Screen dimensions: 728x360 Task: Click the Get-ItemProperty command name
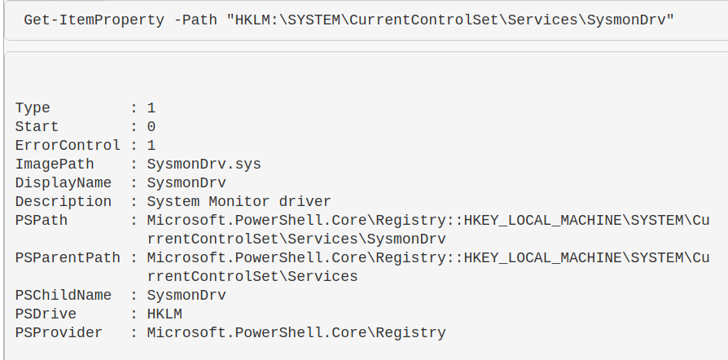(x=94, y=20)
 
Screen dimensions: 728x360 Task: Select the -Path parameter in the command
(x=195, y=20)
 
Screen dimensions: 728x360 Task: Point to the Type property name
(x=33, y=108)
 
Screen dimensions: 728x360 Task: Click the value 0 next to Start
(x=151, y=127)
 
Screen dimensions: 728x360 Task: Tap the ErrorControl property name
(x=68, y=146)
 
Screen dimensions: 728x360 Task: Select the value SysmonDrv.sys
(x=204, y=165)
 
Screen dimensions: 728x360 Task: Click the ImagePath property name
(x=55, y=165)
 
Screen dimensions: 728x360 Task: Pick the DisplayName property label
(x=64, y=183)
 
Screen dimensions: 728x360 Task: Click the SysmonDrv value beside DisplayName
(x=186, y=183)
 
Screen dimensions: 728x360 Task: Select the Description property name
(x=64, y=202)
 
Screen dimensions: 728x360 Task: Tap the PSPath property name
(x=42, y=220)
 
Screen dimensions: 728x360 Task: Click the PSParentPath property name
(x=68, y=258)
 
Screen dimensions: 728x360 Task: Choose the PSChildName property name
(x=64, y=296)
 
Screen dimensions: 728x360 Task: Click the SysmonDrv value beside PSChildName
(x=186, y=296)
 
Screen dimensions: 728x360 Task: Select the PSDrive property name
(x=46, y=314)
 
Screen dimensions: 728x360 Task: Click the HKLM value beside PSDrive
(x=164, y=314)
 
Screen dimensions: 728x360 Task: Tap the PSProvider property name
(x=59, y=332)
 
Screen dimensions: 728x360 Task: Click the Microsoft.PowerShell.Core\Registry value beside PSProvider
(x=296, y=333)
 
